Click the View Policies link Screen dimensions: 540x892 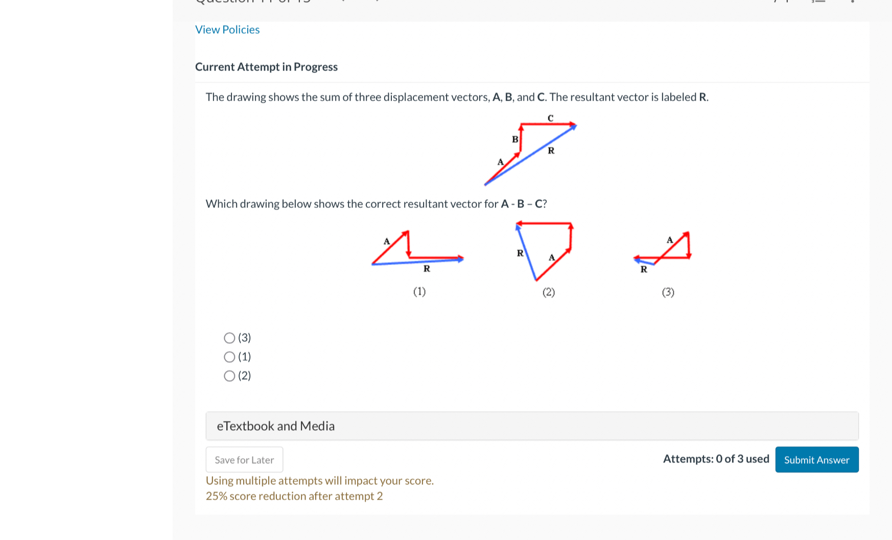point(227,30)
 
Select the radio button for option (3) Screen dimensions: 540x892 point(229,338)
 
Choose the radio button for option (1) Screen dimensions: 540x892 point(229,357)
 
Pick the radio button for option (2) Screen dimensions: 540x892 point(229,376)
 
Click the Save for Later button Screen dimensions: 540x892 point(244,460)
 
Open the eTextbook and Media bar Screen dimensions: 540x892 point(532,426)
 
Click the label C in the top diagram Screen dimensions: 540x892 point(550,119)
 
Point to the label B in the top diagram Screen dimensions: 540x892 point(515,139)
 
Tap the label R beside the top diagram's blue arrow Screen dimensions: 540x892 point(551,151)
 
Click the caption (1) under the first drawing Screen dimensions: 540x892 point(419,292)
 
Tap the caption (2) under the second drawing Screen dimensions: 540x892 point(549,292)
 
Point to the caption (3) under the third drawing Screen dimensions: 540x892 point(668,292)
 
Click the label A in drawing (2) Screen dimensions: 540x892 point(552,257)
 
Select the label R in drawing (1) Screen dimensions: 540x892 point(427,269)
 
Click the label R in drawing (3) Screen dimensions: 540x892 point(644,269)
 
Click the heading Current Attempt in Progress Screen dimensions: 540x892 point(266,67)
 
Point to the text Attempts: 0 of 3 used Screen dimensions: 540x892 point(716,459)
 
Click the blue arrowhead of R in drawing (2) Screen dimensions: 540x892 point(518,227)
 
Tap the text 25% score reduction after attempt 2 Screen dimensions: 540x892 point(294,496)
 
